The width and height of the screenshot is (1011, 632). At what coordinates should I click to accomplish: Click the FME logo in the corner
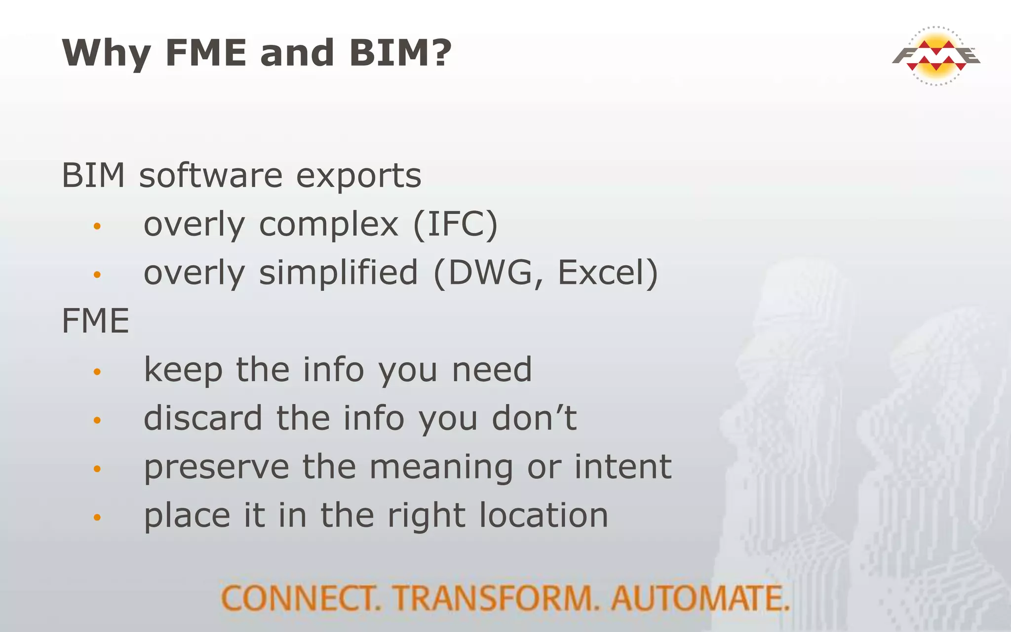[x=936, y=56]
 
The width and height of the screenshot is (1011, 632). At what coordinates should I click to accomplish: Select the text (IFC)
[x=455, y=225]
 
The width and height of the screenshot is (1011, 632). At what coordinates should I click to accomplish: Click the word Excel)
[x=608, y=273]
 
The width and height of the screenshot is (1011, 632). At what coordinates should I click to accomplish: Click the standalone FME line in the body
[x=95, y=321]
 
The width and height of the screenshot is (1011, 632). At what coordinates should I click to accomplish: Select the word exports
[x=358, y=177]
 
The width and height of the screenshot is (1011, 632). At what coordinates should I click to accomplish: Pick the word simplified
[x=338, y=273]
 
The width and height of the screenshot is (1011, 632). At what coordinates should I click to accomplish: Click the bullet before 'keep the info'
[x=97, y=372]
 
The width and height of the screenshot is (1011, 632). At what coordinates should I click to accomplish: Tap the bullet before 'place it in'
[x=97, y=517]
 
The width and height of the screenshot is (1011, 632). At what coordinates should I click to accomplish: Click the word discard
[x=202, y=418]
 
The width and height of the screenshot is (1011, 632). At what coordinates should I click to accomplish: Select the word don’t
[x=534, y=418]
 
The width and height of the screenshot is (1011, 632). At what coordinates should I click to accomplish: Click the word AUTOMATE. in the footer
[x=700, y=598]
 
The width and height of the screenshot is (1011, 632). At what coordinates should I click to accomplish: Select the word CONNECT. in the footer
[x=301, y=598]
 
